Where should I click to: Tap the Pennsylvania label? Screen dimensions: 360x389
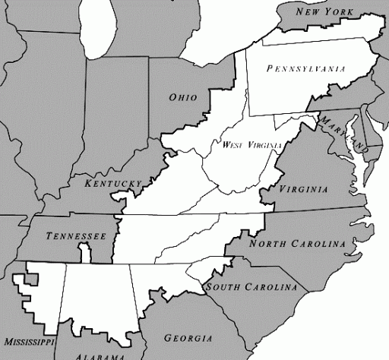click(306, 68)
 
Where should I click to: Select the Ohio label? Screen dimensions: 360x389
click(183, 97)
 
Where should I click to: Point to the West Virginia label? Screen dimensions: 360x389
click(252, 144)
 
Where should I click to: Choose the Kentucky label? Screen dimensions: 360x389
click(113, 184)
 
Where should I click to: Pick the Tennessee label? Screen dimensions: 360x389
click(76, 236)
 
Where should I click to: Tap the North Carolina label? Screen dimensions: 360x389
click(297, 244)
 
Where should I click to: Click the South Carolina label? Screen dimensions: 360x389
click(251, 287)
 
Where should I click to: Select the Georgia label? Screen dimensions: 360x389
click(188, 338)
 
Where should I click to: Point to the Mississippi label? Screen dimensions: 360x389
click(28, 343)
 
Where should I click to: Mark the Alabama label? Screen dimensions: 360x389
click(100, 356)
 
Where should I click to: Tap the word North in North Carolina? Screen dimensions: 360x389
click(267, 244)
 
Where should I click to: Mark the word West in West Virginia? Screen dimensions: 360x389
click(232, 144)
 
